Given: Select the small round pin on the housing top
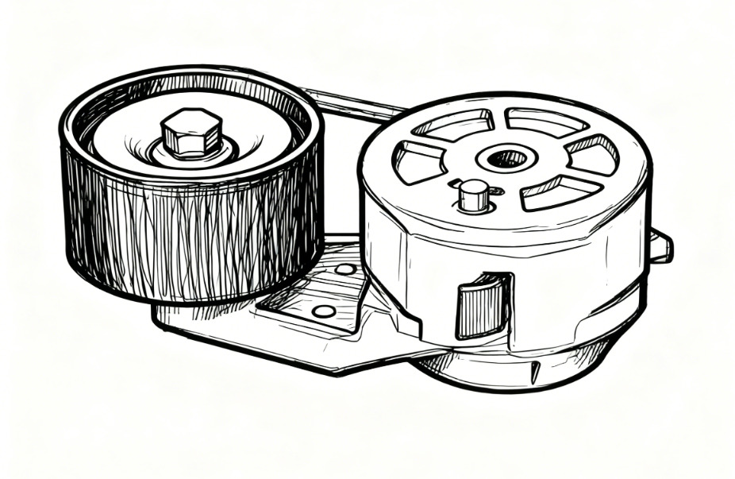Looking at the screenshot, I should [473, 195].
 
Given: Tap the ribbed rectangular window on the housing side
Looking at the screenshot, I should [481, 306].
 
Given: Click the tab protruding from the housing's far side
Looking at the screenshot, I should [660, 245].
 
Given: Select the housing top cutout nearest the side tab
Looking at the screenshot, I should [593, 154].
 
